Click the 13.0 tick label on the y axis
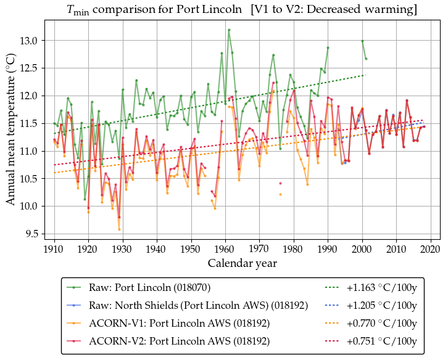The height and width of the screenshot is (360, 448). (29, 41)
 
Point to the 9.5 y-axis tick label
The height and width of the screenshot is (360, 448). (31, 234)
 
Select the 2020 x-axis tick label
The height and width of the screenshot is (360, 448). (430, 249)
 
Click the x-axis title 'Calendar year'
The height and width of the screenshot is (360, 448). (242, 263)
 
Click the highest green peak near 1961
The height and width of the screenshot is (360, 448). (229, 30)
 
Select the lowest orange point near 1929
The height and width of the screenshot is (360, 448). (119, 229)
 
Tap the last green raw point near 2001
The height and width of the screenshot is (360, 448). (366, 59)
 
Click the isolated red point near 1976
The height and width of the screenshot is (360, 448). (280, 183)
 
